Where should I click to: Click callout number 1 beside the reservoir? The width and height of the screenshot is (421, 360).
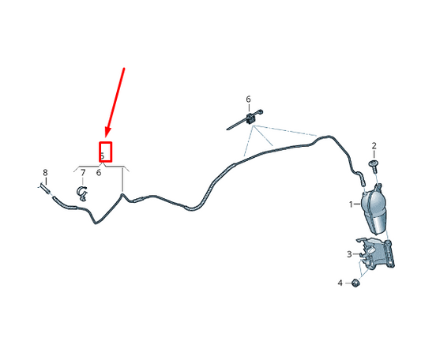click(351, 204)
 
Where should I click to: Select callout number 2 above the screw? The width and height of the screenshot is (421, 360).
click(374, 146)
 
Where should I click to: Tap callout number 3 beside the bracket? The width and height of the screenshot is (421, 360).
click(349, 254)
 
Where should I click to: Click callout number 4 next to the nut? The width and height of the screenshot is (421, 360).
click(340, 283)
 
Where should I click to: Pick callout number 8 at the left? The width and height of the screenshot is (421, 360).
click(45, 172)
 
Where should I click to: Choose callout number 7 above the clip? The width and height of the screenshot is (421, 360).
click(83, 172)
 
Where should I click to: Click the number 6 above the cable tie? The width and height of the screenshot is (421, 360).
click(248, 99)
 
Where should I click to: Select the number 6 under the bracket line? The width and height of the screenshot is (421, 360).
click(99, 173)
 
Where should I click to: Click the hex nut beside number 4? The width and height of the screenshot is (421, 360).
click(355, 283)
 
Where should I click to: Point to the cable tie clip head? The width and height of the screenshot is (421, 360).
click(250, 118)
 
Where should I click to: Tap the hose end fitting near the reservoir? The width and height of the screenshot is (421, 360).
click(363, 180)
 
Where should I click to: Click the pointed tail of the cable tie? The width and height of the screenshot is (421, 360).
click(227, 129)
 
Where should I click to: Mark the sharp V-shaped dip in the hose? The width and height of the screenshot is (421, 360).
click(96, 223)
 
